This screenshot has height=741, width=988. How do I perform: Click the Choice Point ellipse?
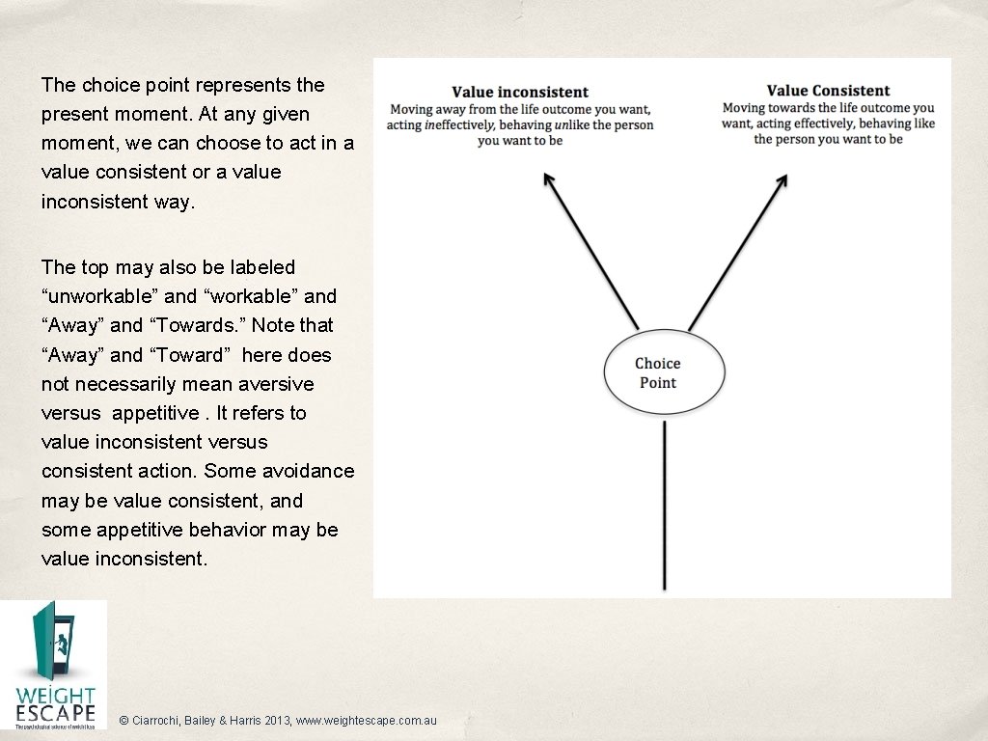pos(664,372)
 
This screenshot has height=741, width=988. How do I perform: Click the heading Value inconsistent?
pos(520,93)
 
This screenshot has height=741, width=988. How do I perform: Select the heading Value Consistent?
pos(828,92)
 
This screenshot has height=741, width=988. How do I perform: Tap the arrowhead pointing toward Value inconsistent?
pos(547,178)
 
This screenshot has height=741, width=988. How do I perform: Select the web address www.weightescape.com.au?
pos(368,721)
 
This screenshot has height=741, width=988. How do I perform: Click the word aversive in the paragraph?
pos(277,384)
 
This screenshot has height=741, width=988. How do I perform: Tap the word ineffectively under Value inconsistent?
pos(464,124)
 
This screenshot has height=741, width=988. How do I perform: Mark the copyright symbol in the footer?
pos(123,721)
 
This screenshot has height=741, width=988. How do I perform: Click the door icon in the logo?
pos(52,642)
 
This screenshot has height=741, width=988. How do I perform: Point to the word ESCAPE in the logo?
pos(56,714)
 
